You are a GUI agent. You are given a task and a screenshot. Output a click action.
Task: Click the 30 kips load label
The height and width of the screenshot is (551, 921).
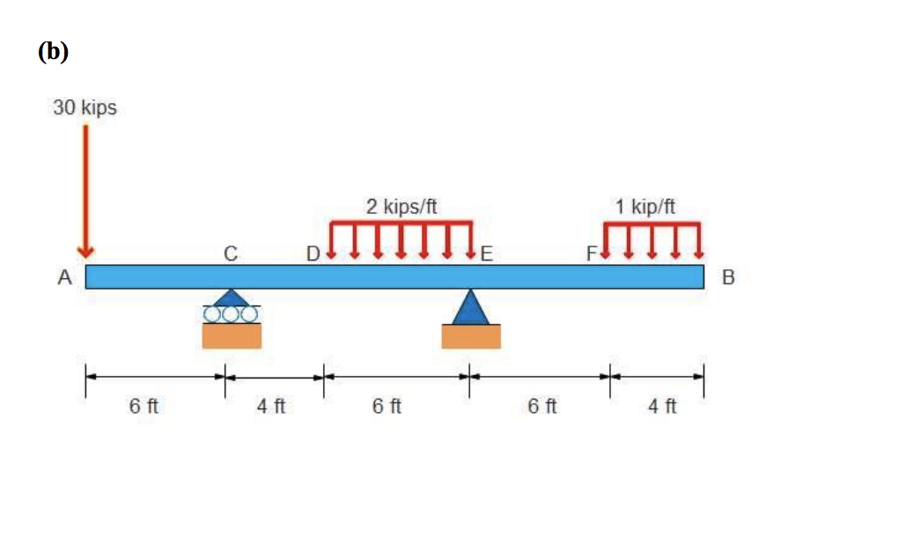[x=85, y=107]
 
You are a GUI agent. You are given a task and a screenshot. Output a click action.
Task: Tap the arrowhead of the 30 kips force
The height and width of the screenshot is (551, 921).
[x=85, y=253]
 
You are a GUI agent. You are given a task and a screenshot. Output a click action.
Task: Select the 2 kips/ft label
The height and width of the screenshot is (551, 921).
[x=402, y=207]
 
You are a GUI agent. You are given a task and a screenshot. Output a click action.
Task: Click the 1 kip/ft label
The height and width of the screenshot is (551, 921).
[x=645, y=207]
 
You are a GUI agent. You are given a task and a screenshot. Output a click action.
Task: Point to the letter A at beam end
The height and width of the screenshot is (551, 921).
[x=64, y=277]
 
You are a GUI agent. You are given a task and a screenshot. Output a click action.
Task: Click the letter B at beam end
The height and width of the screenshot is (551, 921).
[x=728, y=277]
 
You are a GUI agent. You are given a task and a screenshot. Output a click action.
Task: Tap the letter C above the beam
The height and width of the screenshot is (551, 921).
[x=231, y=253]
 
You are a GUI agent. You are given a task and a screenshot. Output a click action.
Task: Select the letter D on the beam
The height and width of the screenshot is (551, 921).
[x=313, y=253]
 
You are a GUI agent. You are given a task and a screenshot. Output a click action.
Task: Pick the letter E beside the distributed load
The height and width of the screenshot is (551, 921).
[x=486, y=253]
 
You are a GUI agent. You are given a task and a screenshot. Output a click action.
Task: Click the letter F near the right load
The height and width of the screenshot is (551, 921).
[x=592, y=253]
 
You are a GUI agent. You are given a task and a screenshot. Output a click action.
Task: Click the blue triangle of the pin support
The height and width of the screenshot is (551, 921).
[x=470, y=308]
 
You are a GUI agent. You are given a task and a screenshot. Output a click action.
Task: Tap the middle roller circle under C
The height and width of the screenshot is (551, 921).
[x=231, y=314]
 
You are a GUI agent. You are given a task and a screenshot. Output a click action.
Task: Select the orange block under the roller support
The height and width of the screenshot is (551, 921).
[x=232, y=336]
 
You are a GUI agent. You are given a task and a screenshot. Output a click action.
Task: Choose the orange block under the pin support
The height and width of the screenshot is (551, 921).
[x=471, y=336]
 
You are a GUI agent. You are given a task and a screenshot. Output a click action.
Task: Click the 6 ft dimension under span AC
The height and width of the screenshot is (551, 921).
[x=144, y=406]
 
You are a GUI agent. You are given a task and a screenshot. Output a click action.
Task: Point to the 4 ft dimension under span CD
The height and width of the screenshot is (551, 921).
[x=271, y=406]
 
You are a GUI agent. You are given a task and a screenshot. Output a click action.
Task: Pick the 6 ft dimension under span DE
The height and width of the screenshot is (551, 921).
[x=387, y=406]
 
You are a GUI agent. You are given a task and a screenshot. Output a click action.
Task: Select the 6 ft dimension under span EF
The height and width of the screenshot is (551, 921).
[x=542, y=406]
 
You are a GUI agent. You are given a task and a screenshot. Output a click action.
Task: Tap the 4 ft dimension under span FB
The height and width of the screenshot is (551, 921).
[x=662, y=406]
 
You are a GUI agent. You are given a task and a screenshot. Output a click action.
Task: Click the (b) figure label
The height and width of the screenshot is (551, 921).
[x=53, y=52]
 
